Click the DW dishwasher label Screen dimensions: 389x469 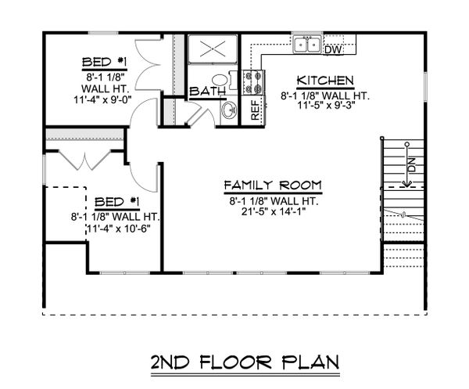tap(331, 49)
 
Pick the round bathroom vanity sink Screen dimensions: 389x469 tap(230, 110)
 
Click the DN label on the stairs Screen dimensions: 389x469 tap(407, 167)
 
